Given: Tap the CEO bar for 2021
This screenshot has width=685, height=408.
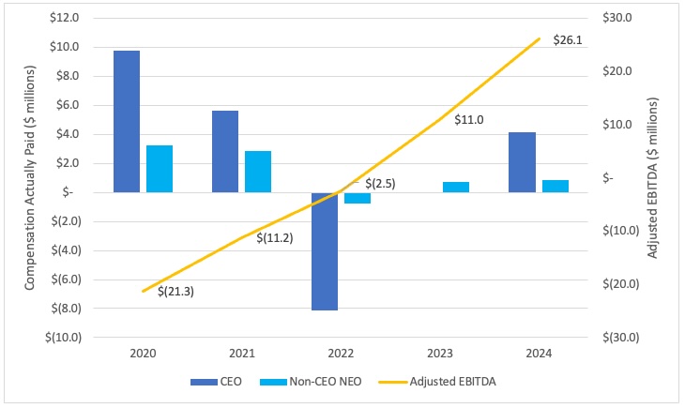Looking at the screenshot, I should [225, 151].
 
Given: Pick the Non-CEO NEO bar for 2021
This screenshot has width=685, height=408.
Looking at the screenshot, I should [258, 172].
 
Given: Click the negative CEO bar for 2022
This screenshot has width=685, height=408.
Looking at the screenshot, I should [325, 250].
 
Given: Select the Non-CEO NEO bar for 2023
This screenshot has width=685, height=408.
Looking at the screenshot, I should [456, 187].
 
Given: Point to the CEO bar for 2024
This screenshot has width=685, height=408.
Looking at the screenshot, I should [523, 162].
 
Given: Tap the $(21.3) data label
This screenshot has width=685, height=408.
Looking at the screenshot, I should [175, 291].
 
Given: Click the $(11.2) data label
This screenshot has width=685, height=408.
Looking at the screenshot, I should [275, 238].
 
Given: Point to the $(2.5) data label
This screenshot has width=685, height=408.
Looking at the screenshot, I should [380, 184].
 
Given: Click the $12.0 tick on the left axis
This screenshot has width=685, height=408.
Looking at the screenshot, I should [66, 18].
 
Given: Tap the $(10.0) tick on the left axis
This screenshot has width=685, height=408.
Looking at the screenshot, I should [62, 337].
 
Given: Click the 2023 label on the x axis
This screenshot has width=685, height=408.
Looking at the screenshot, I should [439, 354].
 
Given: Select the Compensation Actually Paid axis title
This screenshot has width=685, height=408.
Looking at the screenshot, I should [30, 178].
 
